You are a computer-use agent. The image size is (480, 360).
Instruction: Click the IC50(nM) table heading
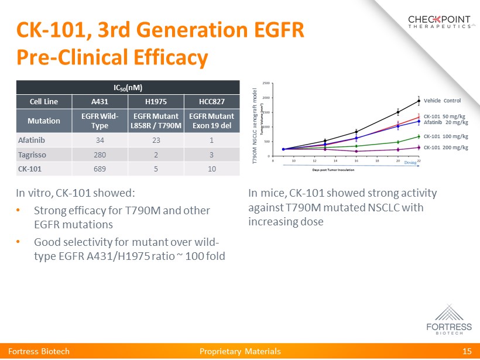click(128, 87)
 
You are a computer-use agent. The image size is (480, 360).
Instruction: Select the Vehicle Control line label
click(442, 101)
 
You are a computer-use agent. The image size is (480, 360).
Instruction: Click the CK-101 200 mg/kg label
click(445, 147)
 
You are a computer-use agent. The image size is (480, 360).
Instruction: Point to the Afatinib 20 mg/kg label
click(445, 122)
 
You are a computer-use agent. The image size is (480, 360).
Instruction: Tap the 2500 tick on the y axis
click(267, 83)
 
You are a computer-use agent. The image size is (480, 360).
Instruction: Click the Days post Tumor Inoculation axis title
click(333, 170)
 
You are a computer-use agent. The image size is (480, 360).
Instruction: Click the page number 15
click(467, 351)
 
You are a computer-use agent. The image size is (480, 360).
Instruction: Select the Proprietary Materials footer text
click(240, 351)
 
